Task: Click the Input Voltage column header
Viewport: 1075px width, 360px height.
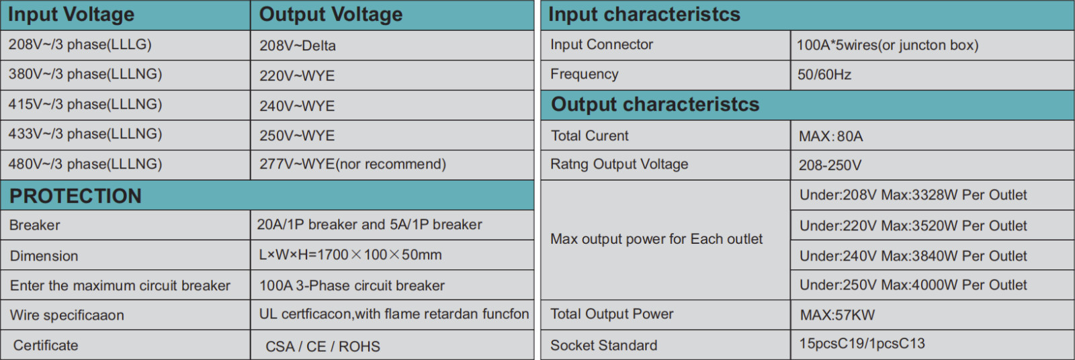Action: point(71,14)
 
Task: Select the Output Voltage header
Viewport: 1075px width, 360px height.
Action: point(331,14)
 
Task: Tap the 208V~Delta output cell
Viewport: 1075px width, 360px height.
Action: point(298,46)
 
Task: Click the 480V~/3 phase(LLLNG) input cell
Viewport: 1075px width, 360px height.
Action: point(85,164)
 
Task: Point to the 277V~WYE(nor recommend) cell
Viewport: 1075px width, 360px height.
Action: point(353,164)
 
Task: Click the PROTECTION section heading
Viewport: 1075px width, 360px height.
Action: point(75,196)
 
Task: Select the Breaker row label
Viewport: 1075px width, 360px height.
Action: point(34,225)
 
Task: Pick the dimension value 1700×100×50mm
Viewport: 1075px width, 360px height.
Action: point(350,255)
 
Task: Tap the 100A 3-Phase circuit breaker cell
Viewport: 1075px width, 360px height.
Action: point(352,285)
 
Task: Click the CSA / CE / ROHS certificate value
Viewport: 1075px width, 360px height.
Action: point(322,346)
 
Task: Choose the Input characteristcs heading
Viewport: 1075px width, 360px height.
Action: point(644,14)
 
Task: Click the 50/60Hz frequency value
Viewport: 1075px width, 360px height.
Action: point(824,75)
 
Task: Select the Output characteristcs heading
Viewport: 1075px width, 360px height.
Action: point(655,105)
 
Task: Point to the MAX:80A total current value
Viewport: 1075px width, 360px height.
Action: point(830,136)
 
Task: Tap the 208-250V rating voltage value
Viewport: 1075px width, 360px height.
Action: point(830,166)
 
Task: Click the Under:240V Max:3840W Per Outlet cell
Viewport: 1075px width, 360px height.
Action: point(913,256)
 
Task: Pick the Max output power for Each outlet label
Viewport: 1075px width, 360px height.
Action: point(656,239)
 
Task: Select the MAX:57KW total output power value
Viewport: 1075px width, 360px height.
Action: point(837,315)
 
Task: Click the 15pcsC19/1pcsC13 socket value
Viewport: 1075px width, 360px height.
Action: point(862,344)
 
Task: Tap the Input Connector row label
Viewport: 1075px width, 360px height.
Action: point(601,44)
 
